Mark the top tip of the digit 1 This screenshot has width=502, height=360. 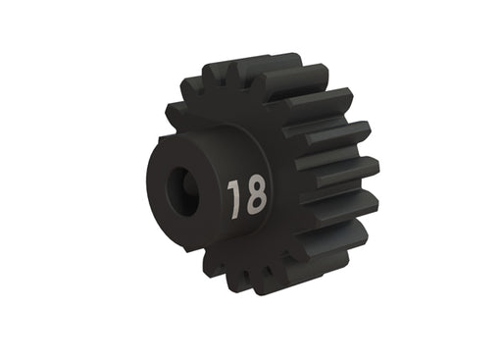234,182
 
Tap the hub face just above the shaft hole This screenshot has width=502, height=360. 186,157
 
